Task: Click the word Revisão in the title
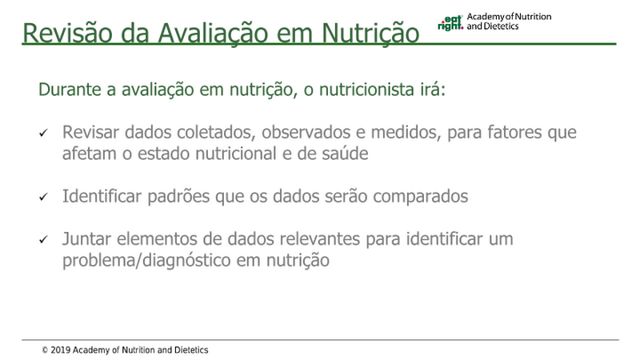coord(67,33)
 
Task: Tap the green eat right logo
coord(450,23)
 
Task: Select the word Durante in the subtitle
coord(70,90)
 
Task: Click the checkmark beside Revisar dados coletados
coord(43,133)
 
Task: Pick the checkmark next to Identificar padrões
coord(43,197)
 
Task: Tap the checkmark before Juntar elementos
coord(43,239)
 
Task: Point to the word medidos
coord(406,132)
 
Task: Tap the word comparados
coord(421,196)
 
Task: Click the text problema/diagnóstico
coord(146,260)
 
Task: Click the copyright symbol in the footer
coord(45,350)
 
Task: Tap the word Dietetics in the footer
coord(191,350)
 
